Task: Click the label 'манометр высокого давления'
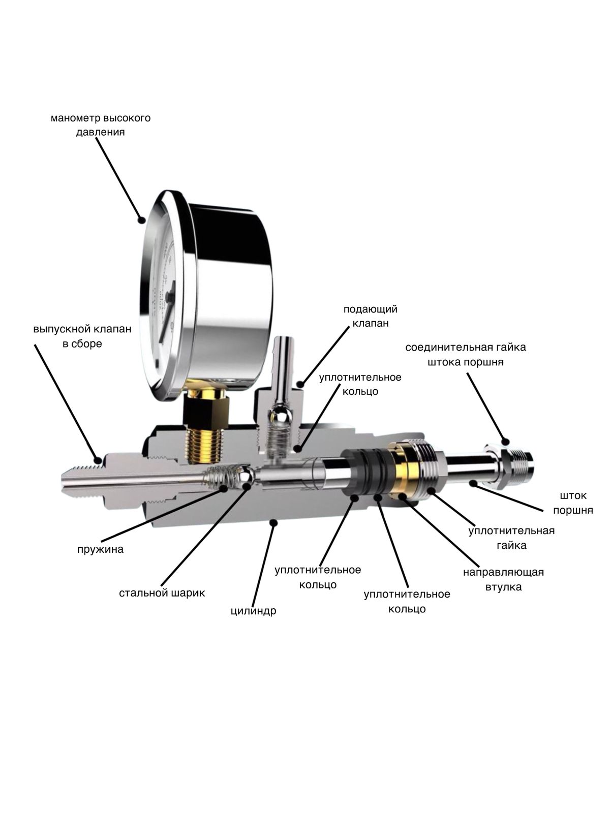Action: click(101, 125)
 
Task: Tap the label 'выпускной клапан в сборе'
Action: click(82, 336)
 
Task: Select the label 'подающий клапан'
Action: click(370, 316)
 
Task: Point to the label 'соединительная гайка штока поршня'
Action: click(466, 355)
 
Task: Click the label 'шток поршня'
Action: click(573, 503)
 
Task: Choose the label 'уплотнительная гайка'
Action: click(511, 538)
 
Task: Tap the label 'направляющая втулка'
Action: click(503, 579)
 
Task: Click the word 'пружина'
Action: click(100, 549)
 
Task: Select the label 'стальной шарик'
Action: click(162, 593)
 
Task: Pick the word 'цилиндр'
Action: click(253, 610)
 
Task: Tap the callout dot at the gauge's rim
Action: click(142, 220)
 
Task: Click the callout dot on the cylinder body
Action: click(274, 521)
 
